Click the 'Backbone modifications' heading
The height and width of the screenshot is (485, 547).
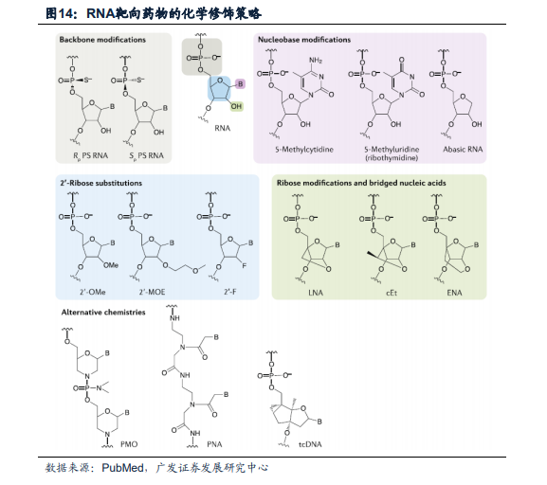pyautogui.click(x=102, y=40)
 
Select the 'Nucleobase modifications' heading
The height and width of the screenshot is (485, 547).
pyautogui.click(x=304, y=40)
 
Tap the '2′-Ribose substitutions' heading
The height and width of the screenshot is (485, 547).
pyautogui.click(x=101, y=183)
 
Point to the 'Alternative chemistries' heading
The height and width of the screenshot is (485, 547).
pyautogui.click(x=103, y=312)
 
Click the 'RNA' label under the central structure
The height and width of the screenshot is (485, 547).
pyautogui.click(x=223, y=128)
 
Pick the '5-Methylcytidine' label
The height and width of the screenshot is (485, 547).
pyautogui.click(x=304, y=150)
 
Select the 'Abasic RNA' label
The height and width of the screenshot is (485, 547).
pyautogui.click(x=463, y=150)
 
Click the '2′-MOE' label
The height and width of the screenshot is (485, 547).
pyautogui.click(x=152, y=292)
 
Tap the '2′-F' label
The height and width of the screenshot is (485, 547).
pyautogui.click(x=230, y=292)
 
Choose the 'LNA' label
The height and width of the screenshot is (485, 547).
pyautogui.click(x=316, y=293)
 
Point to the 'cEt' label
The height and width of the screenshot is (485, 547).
pyautogui.click(x=392, y=293)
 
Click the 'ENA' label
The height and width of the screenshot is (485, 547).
pyautogui.click(x=454, y=293)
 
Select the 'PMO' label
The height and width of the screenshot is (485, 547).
pyautogui.click(x=129, y=444)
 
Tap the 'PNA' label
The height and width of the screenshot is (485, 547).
pyautogui.click(x=214, y=444)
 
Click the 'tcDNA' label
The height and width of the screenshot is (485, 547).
pyautogui.click(x=310, y=444)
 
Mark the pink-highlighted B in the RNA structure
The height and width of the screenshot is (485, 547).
pyautogui.click(x=240, y=84)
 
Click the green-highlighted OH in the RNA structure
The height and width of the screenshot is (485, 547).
pyautogui.click(x=236, y=106)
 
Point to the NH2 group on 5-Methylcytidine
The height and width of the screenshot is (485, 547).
pyautogui.click(x=316, y=61)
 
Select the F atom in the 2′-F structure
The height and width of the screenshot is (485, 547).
pyautogui.click(x=245, y=265)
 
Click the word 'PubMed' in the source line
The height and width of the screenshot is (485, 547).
pyautogui.click(x=122, y=468)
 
